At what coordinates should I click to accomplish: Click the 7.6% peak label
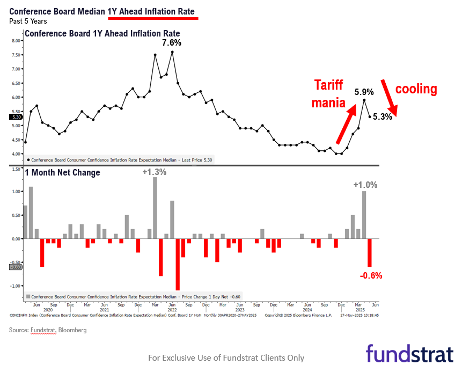[x=172, y=42]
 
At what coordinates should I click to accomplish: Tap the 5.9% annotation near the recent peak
[x=364, y=92]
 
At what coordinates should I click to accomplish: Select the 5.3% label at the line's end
[x=383, y=116]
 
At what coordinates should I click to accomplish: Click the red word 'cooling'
[x=416, y=89]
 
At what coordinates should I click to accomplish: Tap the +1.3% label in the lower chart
[x=154, y=172]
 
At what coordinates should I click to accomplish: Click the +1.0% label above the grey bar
[x=365, y=185]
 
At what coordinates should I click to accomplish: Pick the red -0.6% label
[x=371, y=275]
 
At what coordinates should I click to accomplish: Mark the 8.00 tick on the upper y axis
[x=16, y=41]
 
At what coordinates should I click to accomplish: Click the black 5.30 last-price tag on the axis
[x=15, y=116]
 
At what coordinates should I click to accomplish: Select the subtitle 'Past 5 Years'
[x=28, y=21]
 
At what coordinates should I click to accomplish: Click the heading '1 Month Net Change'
[x=62, y=172]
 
